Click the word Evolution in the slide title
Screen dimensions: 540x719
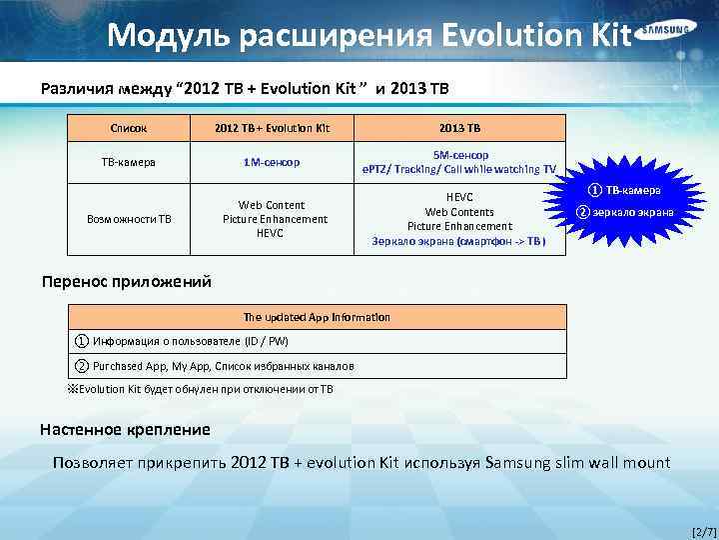(x=512, y=35)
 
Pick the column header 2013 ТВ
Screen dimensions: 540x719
(x=460, y=128)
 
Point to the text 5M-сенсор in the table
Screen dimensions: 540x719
(x=460, y=155)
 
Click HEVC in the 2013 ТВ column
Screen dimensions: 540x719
(x=459, y=197)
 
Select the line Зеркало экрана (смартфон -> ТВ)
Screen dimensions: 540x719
(x=459, y=241)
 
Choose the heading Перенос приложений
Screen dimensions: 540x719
(x=126, y=281)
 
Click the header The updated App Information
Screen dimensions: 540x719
(x=317, y=317)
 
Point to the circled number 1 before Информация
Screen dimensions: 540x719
(x=81, y=340)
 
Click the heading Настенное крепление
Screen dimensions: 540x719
(x=125, y=430)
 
